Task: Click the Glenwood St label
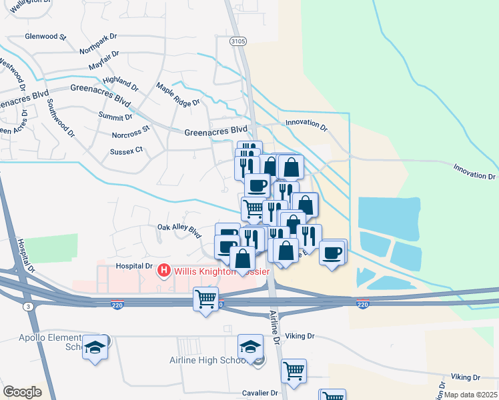coord(45,36)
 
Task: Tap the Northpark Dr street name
coord(98,49)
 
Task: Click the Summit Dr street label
coord(115,117)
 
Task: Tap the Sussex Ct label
coord(127,151)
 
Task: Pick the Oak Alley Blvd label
coord(179,231)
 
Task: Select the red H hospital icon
coord(163,271)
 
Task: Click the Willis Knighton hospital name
coord(220,271)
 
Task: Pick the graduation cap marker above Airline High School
coord(250,346)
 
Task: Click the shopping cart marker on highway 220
coord(206,299)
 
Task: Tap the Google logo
coord(22,392)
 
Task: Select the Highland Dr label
coord(120,83)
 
